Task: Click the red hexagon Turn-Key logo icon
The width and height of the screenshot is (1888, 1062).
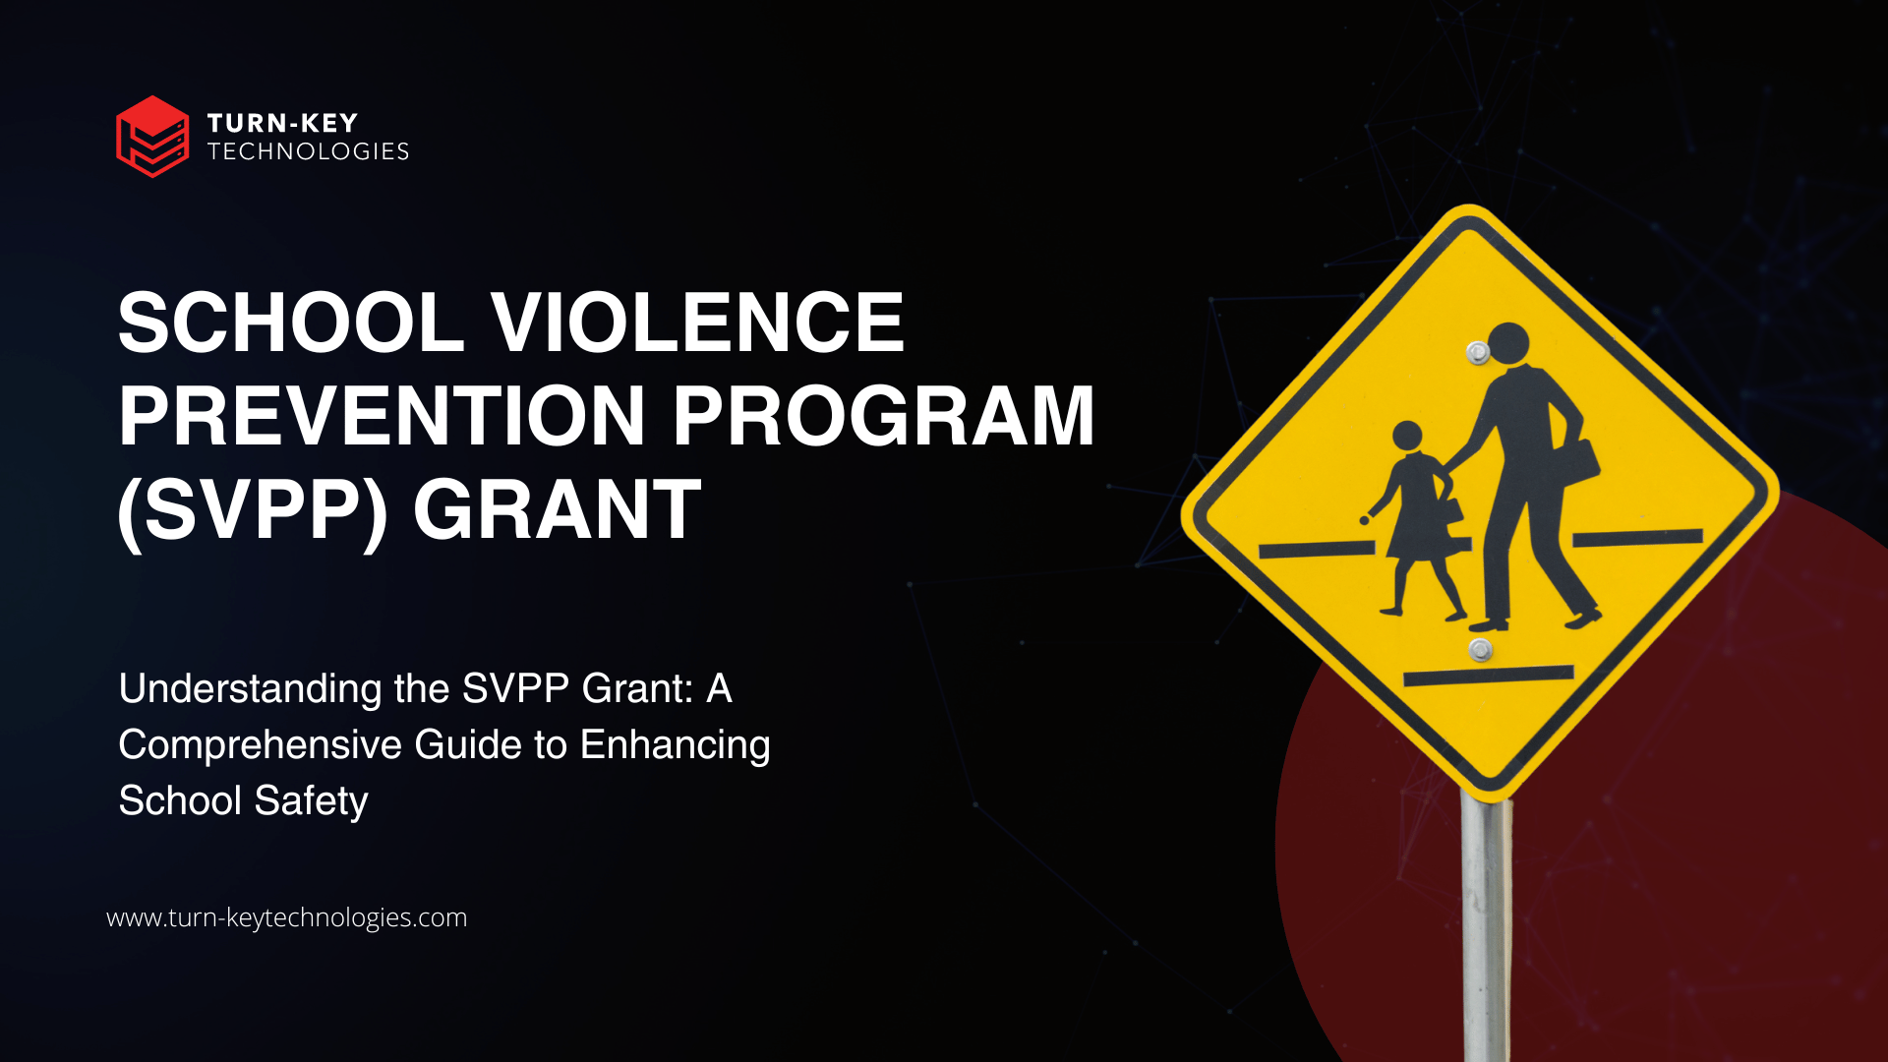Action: (x=152, y=137)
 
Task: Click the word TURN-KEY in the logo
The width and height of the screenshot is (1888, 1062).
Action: (x=282, y=123)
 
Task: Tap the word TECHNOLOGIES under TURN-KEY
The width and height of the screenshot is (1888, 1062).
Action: (x=308, y=151)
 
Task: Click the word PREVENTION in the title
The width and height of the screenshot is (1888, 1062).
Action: (x=382, y=416)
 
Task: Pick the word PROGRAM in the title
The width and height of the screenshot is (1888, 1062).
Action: (x=883, y=416)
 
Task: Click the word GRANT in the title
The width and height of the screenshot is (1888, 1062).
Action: (x=557, y=509)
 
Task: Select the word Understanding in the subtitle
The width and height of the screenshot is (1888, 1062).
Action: (x=250, y=690)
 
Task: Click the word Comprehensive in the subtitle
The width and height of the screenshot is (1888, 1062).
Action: (x=261, y=746)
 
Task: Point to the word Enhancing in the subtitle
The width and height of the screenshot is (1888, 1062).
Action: (x=676, y=746)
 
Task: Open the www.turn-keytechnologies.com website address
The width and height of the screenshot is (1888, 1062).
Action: (x=286, y=917)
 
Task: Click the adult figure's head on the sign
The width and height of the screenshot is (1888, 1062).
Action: (x=1507, y=343)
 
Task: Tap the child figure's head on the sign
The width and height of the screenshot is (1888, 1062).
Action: (x=1407, y=436)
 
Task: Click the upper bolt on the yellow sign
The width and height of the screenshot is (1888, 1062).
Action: (x=1477, y=352)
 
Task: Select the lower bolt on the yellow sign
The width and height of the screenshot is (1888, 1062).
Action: (x=1480, y=649)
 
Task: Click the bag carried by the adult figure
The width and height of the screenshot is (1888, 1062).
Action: (x=1578, y=461)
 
